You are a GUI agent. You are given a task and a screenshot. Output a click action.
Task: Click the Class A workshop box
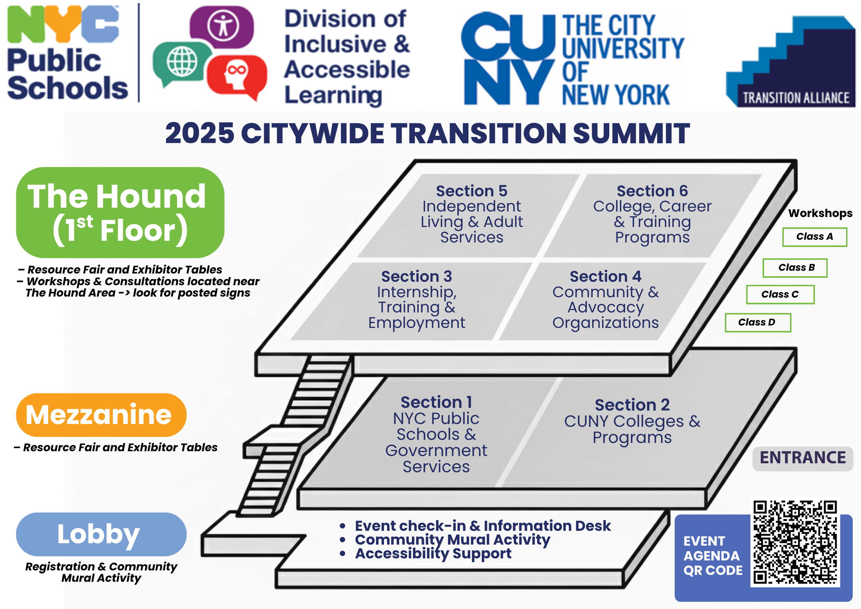point(814,237)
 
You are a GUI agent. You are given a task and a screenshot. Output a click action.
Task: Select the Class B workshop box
point(795,268)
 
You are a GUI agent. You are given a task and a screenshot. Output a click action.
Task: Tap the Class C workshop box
point(780,295)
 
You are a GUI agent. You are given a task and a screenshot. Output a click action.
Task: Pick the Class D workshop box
point(757,322)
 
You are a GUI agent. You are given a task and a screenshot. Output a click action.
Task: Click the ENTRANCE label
point(802,458)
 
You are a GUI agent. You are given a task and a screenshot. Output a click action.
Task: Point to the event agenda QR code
point(795,542)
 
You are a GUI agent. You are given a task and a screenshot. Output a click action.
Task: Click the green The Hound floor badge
point(120,212)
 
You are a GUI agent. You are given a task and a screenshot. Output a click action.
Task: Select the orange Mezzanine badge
point(101,415)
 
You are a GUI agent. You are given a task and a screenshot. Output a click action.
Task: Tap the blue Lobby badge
point(101,534)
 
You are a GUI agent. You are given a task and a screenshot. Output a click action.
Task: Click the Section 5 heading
point(471,191)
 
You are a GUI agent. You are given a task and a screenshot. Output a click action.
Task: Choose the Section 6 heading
point(652,191)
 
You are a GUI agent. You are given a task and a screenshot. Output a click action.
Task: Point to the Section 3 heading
point(417,277)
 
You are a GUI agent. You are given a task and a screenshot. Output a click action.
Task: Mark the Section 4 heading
point(605,277)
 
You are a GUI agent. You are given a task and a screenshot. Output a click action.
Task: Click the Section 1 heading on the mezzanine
point(436,402)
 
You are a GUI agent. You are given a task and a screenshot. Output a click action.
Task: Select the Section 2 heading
point(632,405)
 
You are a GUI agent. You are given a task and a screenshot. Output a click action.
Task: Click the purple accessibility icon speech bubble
point(222,26)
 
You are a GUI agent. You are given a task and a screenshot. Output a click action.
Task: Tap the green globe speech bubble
point(182,62)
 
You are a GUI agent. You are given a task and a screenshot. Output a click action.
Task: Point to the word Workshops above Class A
point(820,213)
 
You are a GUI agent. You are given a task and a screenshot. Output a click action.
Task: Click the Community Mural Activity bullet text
point(452,540)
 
